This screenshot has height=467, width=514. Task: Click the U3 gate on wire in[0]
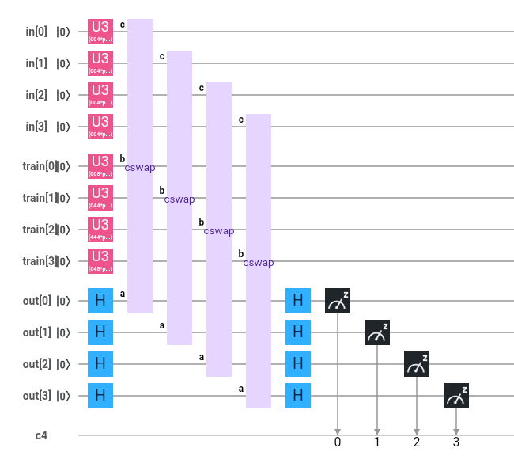pyautogui.click(x=100, y=32)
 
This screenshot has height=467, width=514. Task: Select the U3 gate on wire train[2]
pyautogui.click(x=100, y=230)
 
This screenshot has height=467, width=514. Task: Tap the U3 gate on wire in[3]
pyautogui.click(x=100, y=127)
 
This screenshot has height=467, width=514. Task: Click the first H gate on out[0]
pyautogui.click(x=100, y=301)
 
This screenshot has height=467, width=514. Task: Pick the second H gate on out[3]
pyautogui.click(x=298, y=396)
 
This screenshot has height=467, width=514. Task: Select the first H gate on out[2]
pyautogui.click(x=100, y=364)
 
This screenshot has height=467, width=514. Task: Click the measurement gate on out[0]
pyautogui.click(x=338, y=301)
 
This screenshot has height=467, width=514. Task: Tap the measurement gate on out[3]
pyautogui.click(x=456, y=396)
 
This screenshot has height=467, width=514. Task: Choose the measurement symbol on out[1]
pyautogui.click(x=377, y=332)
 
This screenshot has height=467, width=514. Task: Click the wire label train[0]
pyautogui.click(x=40, y=166)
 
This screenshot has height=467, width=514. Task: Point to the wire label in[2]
pyautogui.click(x=36, y=95)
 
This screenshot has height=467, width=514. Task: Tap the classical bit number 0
pyautogui.click(x=338, y=442)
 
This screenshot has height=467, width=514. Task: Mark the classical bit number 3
pyautogui.click(x=456, y=442)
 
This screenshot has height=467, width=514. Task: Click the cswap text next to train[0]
pyautogui.click(x=140, y=168)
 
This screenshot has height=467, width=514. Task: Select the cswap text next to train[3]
pyautogui.click(x=259, y=263)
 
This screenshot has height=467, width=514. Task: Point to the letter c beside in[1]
pyautogui.click(x=161, y=56)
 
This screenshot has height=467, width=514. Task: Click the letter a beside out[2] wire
pyautogui.click(x=201, y=357)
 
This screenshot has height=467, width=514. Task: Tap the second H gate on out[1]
pyautogui.click(x=298, y=332)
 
